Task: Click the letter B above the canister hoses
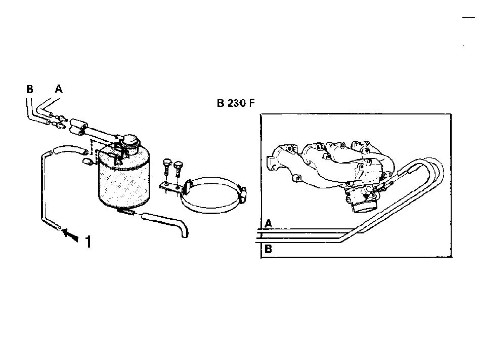tap(30, 89)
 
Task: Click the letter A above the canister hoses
tap(59, 89)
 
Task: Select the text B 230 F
tap(236, 103)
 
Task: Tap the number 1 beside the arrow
tap(88, 242)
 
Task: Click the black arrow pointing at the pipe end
tap(70, 234)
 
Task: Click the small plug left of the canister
tap(88, 162)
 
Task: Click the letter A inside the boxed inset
tap(268, 224)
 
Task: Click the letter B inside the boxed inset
tap(268, 249)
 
